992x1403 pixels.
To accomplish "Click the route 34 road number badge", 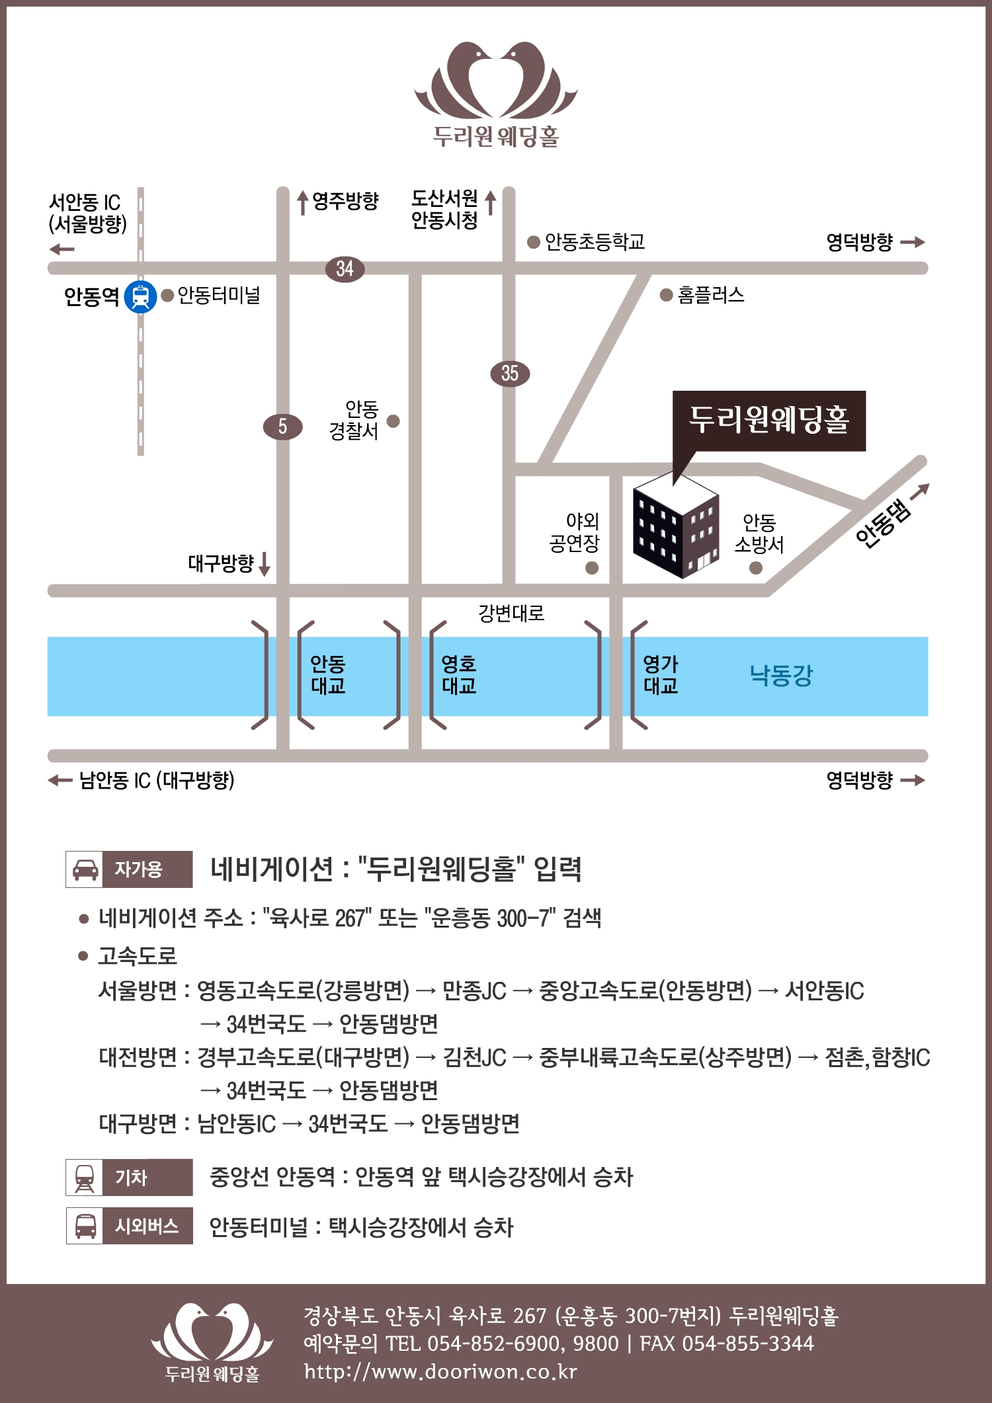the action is [345, 268].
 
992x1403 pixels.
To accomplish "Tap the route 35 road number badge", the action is [510, 374].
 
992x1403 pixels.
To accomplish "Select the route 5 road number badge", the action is [282, 426].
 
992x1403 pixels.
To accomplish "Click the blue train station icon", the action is [140, 296].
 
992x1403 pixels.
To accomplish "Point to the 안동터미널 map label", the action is [219, 295].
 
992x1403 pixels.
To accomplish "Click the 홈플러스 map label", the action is [711, 295].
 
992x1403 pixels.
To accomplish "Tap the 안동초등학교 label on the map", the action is [595, 242].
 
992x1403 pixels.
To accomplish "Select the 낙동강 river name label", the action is [781, 675].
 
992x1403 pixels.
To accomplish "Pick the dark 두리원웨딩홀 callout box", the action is [769, 421].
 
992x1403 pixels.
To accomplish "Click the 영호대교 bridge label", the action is [459, 675].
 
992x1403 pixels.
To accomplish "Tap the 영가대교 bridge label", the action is [661, 675].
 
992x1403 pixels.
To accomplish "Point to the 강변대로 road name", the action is [511, 613].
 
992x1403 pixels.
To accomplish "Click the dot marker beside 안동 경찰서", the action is [393, 421].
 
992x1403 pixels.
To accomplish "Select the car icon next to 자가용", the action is [85, 869].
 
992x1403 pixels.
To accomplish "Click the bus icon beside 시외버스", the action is [85, 1226].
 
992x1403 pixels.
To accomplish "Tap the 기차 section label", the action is [131, 1178].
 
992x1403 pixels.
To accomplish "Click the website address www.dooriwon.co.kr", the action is [440, 1371].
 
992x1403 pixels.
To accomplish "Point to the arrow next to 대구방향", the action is [265, 564].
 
